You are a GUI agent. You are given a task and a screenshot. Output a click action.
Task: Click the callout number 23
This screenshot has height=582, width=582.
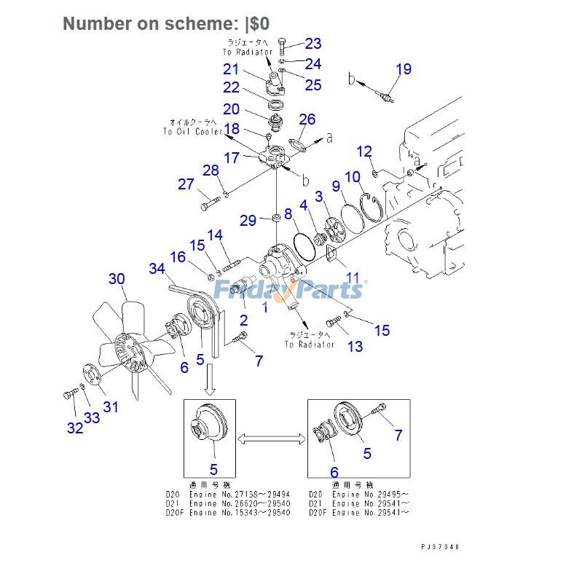pos(312,44)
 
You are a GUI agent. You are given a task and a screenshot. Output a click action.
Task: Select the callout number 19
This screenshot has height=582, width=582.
pos(404,69)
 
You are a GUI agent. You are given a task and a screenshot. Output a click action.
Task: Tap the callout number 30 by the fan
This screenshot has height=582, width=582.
pos(117,278)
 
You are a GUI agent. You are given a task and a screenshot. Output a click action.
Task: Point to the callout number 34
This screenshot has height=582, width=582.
pos(157,269)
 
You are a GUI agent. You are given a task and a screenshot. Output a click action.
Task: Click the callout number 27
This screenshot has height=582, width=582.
pos(186,184)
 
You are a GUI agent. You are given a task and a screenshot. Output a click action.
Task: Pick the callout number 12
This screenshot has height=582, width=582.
pos(364,152)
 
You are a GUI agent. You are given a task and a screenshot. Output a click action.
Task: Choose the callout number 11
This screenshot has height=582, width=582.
pos(353,277)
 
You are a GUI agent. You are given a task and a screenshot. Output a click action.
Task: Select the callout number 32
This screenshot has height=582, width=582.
pos(75,428)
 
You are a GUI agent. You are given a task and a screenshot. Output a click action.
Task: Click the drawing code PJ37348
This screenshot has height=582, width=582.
pos(439,547)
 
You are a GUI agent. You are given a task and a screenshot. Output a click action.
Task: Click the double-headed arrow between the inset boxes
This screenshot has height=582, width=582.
pos(270,437)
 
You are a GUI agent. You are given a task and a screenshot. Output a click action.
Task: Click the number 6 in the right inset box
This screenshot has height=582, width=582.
pos(334,473)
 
